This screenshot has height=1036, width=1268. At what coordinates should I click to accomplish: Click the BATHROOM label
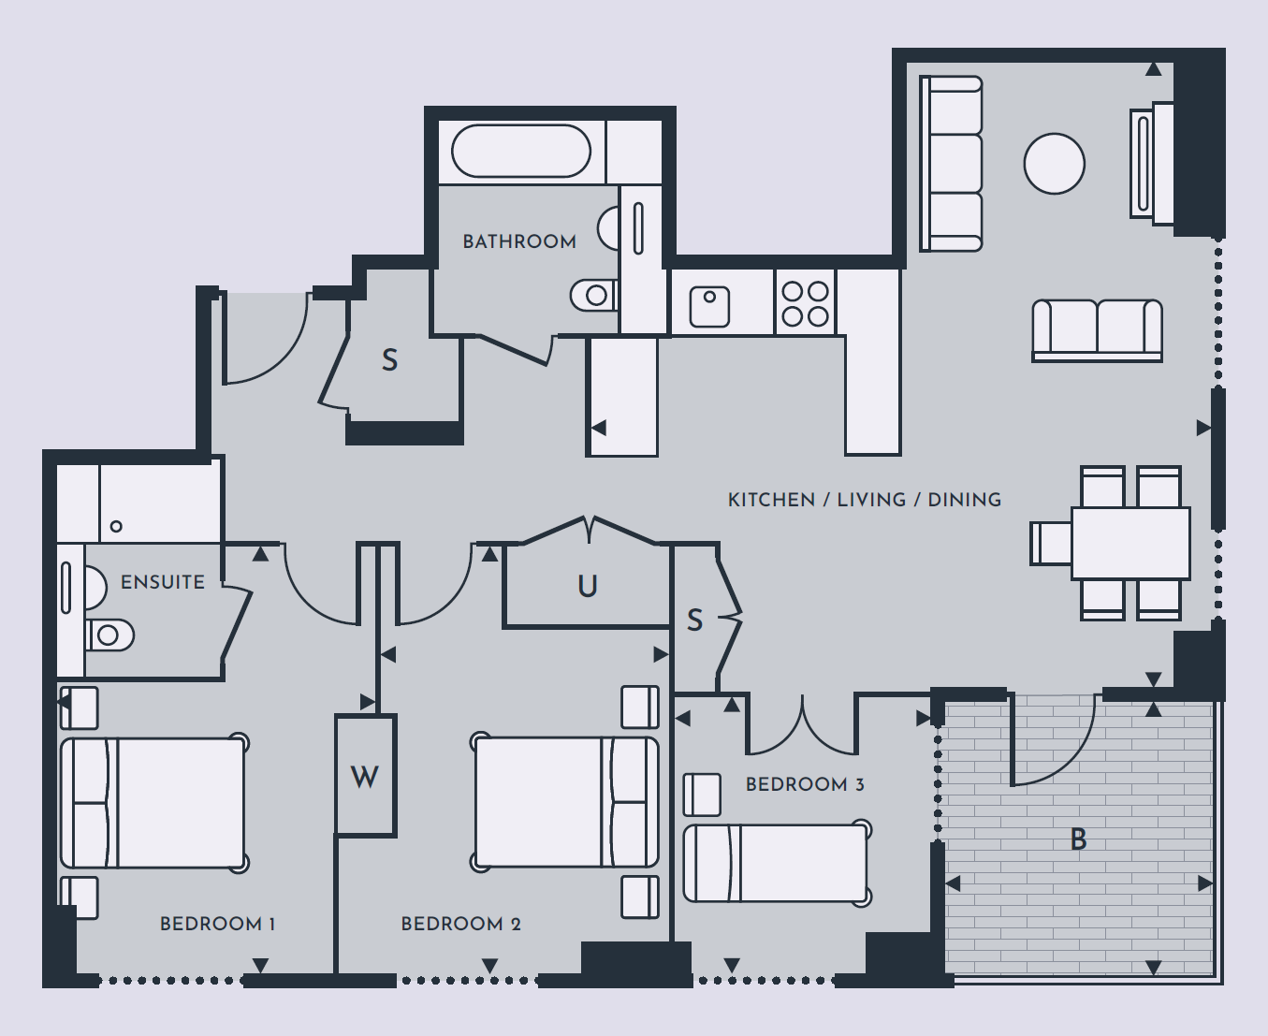pos(519,241)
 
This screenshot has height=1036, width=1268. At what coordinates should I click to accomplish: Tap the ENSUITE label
pos(162,582)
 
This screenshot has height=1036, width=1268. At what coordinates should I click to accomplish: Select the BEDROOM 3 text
pos(805,784)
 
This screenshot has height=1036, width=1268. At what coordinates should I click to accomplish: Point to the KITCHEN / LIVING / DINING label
pos(865,500)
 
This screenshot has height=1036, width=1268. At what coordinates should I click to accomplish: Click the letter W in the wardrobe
pos(364,777)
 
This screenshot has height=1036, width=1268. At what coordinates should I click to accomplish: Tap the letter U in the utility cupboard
pos(588,586)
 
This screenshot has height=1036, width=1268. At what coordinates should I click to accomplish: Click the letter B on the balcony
pos(1079,839)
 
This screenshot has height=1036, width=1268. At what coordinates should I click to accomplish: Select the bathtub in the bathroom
pos(520,151)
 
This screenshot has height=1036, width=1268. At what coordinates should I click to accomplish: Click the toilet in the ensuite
pos(110,635)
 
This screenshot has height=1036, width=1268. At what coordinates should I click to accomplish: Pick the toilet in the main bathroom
pos(594,295)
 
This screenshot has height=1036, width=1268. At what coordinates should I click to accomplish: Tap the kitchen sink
pos(709,307)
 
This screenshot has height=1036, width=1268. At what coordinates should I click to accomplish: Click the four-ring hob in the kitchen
pos(805,303)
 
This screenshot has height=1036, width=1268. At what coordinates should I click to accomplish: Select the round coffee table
pos(1054,164)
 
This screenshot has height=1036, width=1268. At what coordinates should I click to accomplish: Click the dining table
pos(1130,544)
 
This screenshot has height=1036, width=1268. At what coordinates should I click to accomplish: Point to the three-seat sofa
pos(951,163)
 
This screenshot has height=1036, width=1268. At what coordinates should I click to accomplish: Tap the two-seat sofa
pos(1098,330)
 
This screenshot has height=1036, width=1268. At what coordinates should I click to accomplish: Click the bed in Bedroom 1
pos(153,803)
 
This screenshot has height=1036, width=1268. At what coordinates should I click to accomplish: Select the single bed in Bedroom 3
pos(777,863)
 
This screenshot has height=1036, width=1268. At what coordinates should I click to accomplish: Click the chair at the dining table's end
pos(1051,544)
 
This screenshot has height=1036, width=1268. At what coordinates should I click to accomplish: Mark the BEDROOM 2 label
pos(461,924)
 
